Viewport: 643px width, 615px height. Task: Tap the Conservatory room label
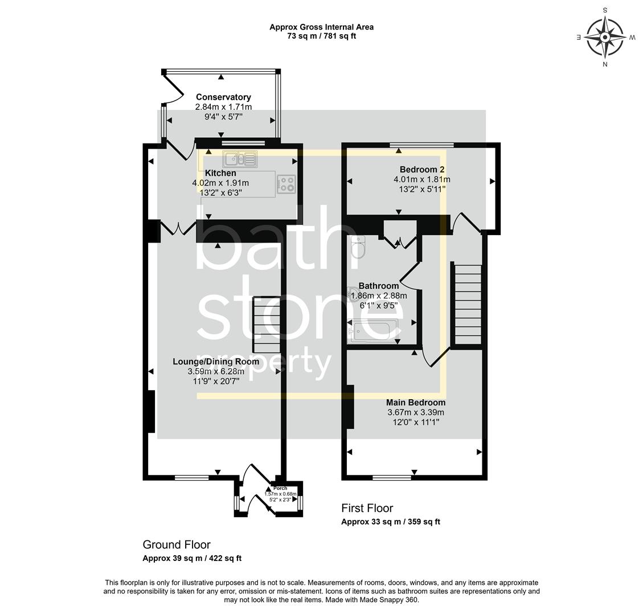click(x=223, y=97)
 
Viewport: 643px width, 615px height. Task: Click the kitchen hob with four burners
click(x=286, y=183)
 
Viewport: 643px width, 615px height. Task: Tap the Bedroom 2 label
click(x=421, y=170)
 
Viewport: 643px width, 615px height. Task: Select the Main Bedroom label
click(x=416, y=403)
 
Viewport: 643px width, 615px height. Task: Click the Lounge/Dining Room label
click(x=216, y=362)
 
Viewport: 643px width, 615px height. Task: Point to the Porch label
click(x=280, y=489)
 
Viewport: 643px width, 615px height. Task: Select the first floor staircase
click(x=466, y=304)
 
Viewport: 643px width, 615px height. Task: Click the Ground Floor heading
click(x=177, y=545)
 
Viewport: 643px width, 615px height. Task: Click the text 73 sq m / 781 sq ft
click(x=322, y=36)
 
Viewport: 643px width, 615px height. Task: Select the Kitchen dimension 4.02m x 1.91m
click(x=220, y=183)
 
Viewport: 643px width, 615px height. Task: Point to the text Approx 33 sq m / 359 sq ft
click(x=391, y=522)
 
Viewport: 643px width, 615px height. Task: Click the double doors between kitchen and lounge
click(x=179, y=229)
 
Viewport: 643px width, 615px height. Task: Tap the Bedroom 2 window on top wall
click(x=422, y=145)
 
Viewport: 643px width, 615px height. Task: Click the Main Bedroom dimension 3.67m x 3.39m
click(x=416, y=412)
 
